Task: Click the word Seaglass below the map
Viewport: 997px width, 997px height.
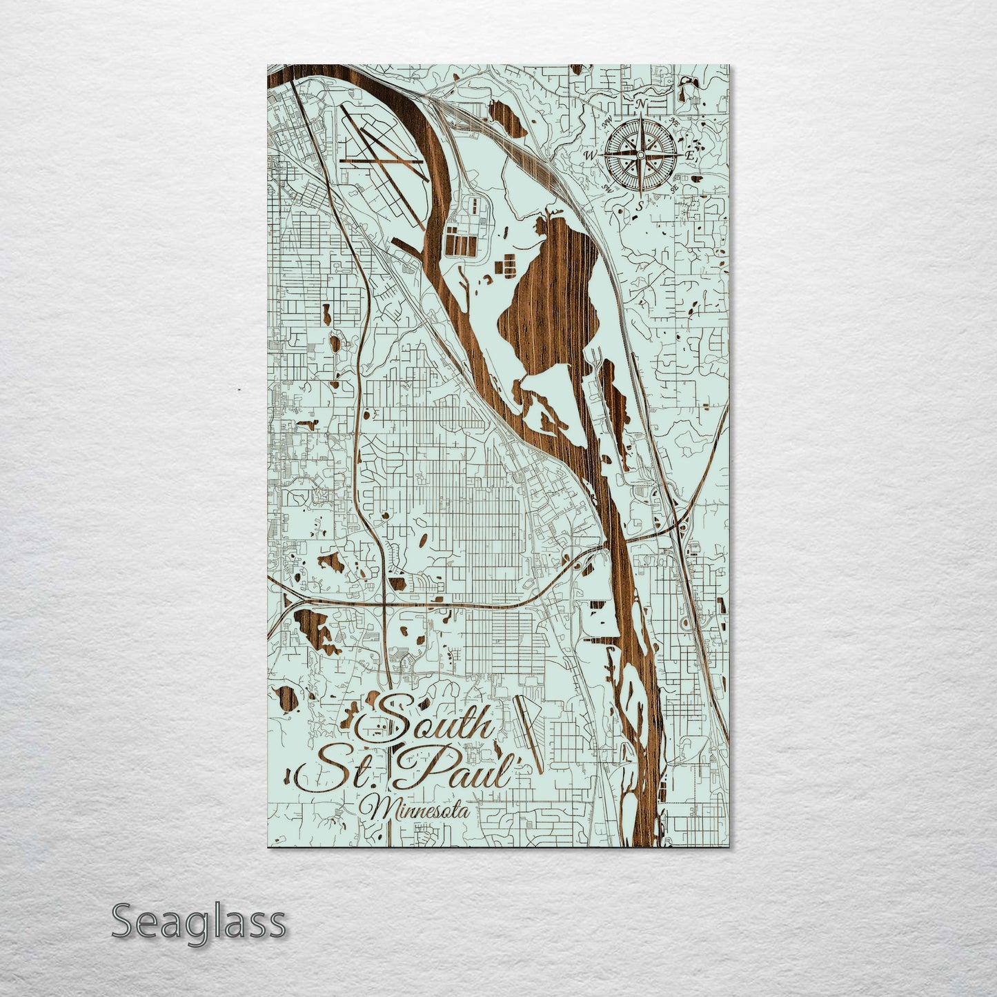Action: (199, 922)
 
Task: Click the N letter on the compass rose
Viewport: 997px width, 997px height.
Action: (642, 104)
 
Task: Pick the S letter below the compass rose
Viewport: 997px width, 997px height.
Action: (640, 205)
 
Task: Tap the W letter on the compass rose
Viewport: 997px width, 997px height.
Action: (590, 156)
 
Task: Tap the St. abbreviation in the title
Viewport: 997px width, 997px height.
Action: (338, 773)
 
